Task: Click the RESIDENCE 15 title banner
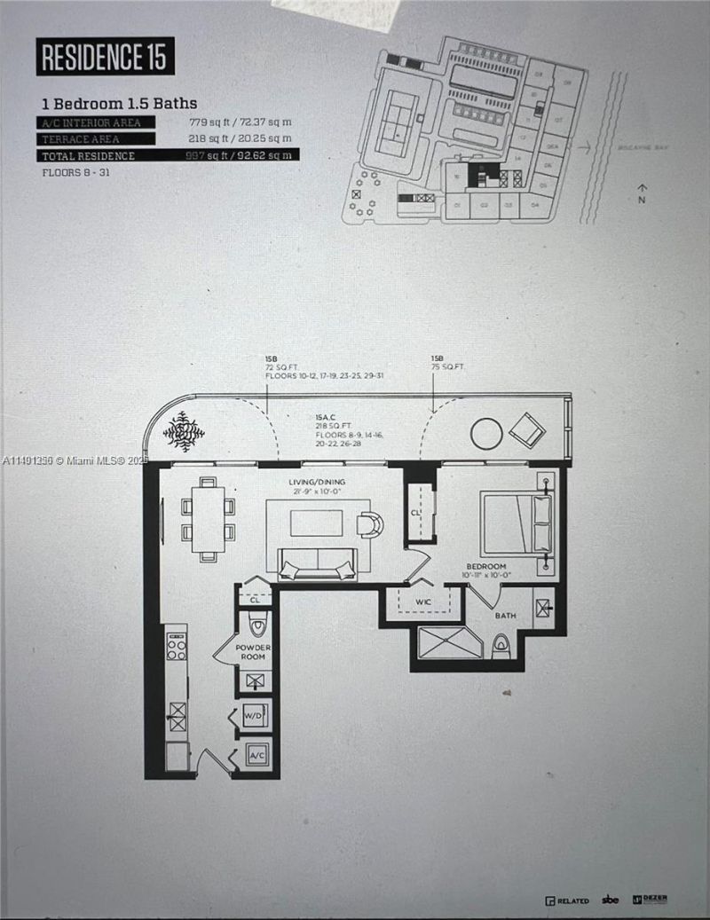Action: tap(105, 56)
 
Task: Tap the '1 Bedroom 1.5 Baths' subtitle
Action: tap(119, 103)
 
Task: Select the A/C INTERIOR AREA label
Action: tap(96, 122)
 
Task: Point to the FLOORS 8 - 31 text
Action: tap(81, 171)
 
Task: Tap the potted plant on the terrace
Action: tap(184, 431)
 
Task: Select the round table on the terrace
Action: tap(485, 433)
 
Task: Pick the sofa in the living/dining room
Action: tap(317, 563)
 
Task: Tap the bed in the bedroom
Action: tap(516, 524)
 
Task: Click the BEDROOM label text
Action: tap(487, 566)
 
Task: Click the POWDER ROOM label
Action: tap(252, 652)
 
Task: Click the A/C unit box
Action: tap(256, 756)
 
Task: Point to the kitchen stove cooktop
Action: tap(177, 649)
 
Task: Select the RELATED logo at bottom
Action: tap(567, 900)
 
